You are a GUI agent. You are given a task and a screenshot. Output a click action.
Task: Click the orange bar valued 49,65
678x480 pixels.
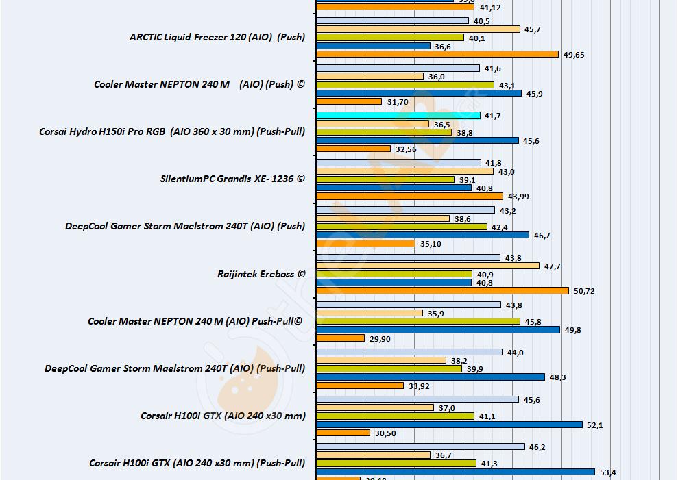click(437, 54)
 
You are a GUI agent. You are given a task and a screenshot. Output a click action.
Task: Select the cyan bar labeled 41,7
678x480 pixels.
click(398, 116)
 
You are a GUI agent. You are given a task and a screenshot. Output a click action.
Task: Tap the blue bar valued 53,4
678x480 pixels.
click(455, 472)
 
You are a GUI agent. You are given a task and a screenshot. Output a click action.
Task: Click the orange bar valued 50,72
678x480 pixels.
click(442, 291)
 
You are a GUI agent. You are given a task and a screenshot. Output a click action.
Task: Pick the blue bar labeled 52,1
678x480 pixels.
click(449, 425)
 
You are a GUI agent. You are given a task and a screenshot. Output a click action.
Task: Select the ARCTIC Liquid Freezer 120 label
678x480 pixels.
click(217, 38)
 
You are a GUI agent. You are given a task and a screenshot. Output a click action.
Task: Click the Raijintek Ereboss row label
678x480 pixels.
click(261, 274)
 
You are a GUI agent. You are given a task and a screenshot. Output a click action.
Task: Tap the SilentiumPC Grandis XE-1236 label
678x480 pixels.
click(232, 179)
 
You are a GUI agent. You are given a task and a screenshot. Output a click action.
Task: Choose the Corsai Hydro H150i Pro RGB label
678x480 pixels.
click(172, 131)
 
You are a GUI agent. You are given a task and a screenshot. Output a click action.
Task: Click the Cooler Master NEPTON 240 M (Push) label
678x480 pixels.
click(199, 85)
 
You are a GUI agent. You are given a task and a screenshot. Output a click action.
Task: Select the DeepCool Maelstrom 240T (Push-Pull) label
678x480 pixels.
click(175, 368)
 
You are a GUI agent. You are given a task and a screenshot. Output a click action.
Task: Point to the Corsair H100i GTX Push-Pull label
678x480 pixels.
click(197, 463)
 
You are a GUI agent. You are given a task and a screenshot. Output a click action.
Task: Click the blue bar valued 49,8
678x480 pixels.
click(437, 329)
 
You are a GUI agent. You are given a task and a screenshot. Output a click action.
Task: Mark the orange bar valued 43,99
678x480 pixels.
click(409, 197)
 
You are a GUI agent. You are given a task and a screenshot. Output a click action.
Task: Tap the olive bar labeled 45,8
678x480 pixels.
click(418, 321)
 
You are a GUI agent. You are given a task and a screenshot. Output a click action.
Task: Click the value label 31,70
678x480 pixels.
click(398, 102)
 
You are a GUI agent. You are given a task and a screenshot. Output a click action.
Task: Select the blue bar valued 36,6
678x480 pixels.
click(373, 46)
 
